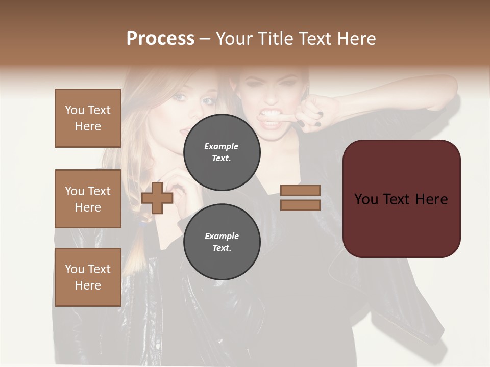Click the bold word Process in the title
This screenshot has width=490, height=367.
click(160, 39)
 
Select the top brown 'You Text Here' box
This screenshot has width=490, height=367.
click(88, 118)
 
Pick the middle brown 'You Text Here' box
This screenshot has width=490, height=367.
click(88, 199)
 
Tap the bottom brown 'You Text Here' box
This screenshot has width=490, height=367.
click(88, 277)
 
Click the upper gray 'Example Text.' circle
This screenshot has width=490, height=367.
click(222, 152)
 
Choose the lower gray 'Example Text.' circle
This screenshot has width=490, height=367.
click(222, 242)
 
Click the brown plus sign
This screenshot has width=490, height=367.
click(157, 198)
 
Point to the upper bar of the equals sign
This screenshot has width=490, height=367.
click(300, 190)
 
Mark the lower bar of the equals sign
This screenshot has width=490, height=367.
click(300, 205)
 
